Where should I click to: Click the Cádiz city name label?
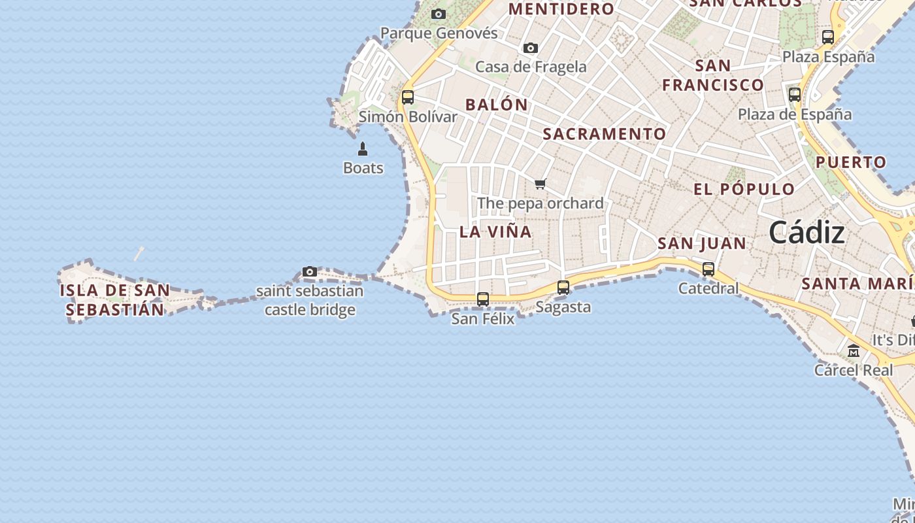(807, 233)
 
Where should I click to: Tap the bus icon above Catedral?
(708, 269)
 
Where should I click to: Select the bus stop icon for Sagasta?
(563, 287)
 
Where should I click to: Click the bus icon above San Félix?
(483, 299)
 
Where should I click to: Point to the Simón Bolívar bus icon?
(408, 97)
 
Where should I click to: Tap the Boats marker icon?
(363, 149)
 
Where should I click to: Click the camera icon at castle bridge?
(310, 271)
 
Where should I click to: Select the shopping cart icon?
(540, 184)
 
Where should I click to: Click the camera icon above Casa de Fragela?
(531, 48)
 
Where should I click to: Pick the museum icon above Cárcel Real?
(854, 351)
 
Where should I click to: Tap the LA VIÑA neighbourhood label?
(495, 232)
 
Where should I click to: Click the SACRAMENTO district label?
(605, 134)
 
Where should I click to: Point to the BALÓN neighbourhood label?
(497, 105)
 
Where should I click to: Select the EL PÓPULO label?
(744, 190)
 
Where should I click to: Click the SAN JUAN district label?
(701, 244)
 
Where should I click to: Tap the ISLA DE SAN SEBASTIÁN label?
(115, 300)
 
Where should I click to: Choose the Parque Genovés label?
(439, 33)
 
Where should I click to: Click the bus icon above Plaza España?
(828, 37)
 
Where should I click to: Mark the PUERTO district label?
(851, 162)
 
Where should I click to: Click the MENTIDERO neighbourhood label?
(561, 8)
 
